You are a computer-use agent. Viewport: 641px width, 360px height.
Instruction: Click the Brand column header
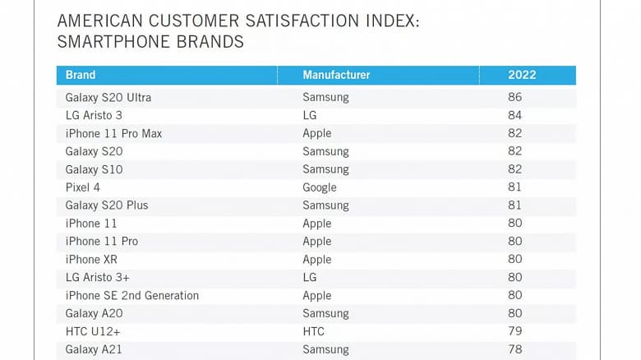pos(81,75)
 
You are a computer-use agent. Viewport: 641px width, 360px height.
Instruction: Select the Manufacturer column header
pos(336,75)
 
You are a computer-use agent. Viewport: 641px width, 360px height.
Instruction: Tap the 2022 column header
pos(522,75)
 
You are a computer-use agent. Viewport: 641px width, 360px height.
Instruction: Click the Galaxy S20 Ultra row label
pos(108,97)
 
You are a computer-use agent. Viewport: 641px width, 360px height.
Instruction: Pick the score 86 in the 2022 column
pos(515,97)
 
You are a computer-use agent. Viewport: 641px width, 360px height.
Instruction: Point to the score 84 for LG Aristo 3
pos(515,115)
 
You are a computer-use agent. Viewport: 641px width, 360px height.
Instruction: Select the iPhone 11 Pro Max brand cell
pos(113,133)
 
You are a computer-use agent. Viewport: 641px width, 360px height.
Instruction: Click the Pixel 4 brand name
pos(84,187)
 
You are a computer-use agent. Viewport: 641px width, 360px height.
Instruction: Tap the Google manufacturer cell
pos(320,187)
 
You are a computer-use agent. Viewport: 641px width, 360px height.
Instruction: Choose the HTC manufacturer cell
pos(313,331)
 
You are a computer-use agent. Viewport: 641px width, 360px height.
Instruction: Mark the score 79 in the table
pos(515,331)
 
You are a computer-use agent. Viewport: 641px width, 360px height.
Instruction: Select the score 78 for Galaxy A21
pos(515,349)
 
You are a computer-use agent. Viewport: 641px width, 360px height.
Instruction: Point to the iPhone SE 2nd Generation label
pos(131,295)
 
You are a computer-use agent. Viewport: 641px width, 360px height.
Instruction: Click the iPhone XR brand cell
pos(91,259)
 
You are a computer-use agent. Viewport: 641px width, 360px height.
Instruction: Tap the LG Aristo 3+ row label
pos(97,277)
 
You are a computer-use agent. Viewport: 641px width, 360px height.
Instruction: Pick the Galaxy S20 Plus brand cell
pos(107,205)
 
